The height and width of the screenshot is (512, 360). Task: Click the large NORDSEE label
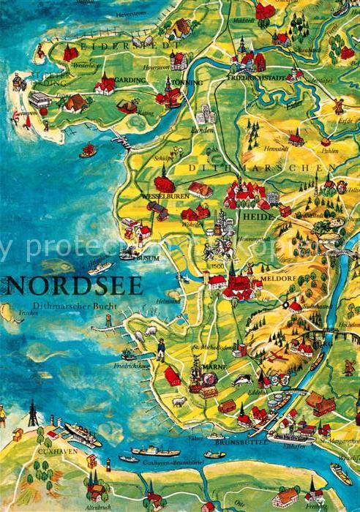click(72, 284)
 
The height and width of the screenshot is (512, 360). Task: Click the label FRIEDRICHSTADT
click(255, 76)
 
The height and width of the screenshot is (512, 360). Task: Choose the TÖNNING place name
click(187, 83)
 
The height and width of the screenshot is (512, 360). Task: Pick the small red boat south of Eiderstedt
click(89, 151)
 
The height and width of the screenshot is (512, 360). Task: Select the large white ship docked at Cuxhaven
click(82, 434)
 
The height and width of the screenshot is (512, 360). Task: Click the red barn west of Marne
click(173, 377)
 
